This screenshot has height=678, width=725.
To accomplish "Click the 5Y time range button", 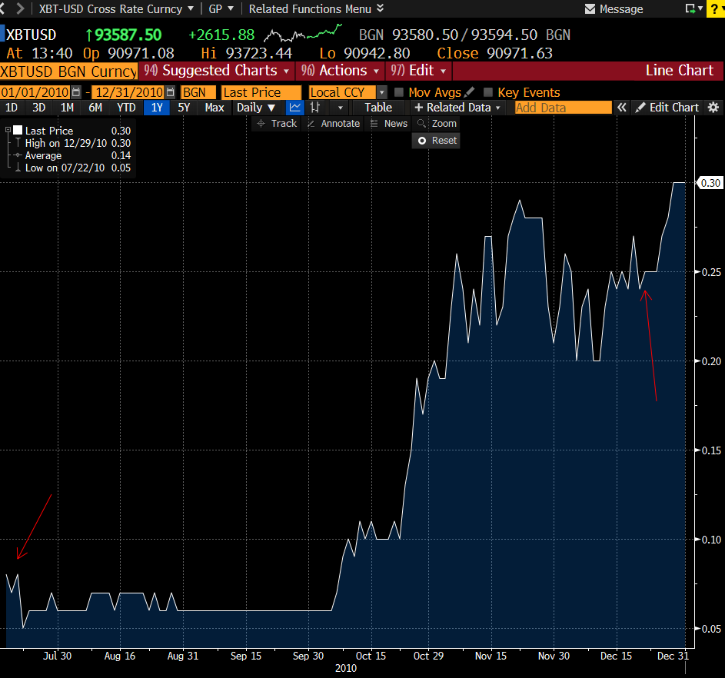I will pyautogui.click(x=184, y=108).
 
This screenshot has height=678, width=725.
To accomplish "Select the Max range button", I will pyautogui.click(x=215, y=108).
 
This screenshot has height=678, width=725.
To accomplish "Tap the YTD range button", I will pyautogui.click(x=126, y=108).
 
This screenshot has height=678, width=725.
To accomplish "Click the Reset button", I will pyautogui.click(x=437, y=141).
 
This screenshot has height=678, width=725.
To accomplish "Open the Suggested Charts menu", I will pyautogui.click(x=217, y=71).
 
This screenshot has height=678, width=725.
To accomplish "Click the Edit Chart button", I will pyautogui.click(x=667, y=108).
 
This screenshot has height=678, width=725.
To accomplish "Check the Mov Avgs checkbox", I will pyautogui.click(x=399, y=92).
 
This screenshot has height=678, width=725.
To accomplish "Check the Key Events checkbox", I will pyautogui.click(x=487, y=92).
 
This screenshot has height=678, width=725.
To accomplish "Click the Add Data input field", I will pyautogui.click(x=562, y=108).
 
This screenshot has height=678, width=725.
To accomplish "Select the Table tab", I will pyautogui.click(x=378, y=108).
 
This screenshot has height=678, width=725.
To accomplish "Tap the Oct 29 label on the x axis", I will pyautogui.click(x=428, y=656).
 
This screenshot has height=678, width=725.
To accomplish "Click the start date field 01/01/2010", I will pyautogui.click(x=35, y=92).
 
